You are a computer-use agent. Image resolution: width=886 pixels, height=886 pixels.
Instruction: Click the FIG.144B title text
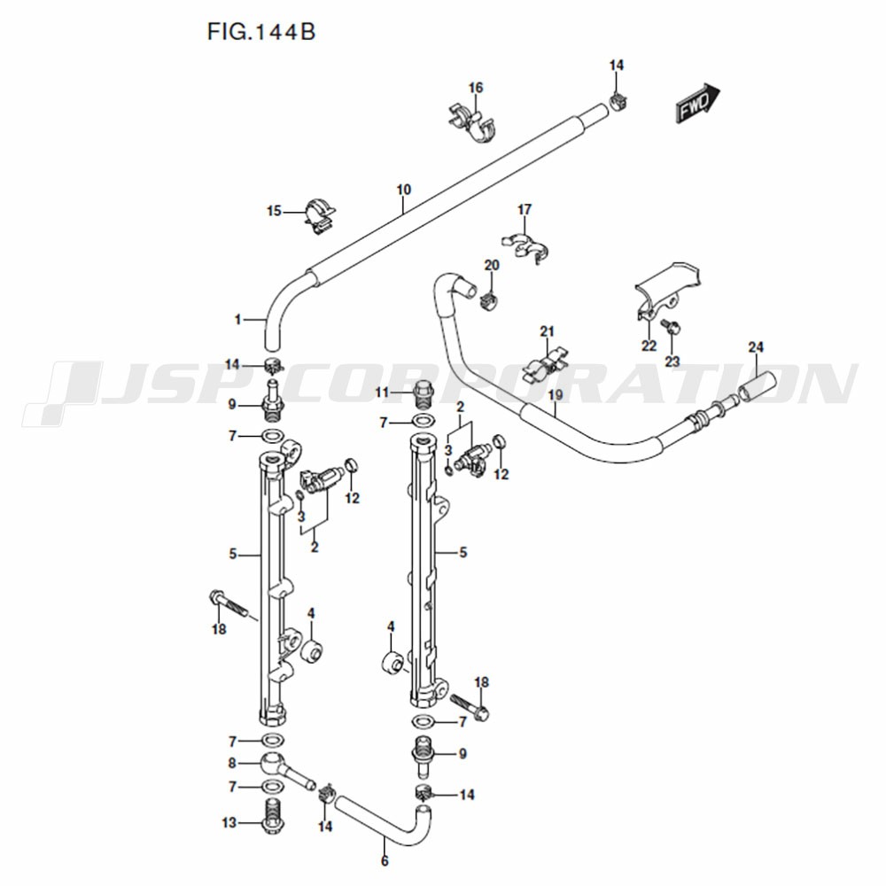(261, 33)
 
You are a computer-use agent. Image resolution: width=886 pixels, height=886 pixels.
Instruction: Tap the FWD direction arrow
(699, 105)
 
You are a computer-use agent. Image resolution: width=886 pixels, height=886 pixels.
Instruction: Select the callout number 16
(476, 88)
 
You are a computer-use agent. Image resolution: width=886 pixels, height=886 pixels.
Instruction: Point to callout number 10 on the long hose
(403, 190)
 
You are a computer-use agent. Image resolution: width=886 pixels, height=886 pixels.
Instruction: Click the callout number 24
(755, 346)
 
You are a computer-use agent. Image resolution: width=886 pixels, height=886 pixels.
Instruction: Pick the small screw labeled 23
(673, 327)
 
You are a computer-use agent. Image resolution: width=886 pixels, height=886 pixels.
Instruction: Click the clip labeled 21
(548, 364)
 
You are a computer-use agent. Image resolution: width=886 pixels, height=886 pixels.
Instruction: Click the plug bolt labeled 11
(424, 392)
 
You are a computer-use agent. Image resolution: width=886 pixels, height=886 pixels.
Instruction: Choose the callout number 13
(229, 823)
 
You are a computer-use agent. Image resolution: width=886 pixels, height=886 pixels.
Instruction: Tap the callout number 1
(237, 319)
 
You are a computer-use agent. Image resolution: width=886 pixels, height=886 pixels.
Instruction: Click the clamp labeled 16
(473, 121)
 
